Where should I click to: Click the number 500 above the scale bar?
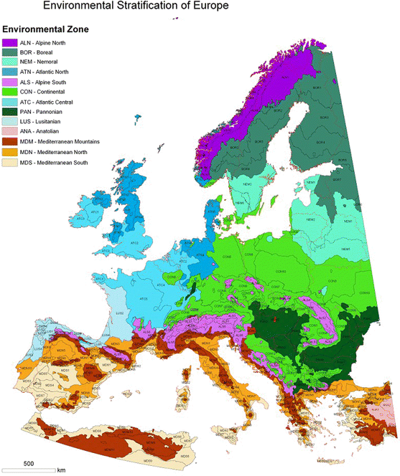tap(29, 462)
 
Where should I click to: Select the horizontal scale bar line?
tap(29, 470)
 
